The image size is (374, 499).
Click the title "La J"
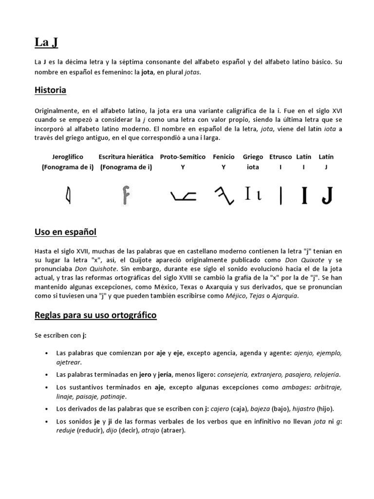(x=46, y=43)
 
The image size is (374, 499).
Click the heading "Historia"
(x=51, y=91)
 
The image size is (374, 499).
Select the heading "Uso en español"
(x=66, y=232)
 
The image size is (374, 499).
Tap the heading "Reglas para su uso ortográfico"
(x=95, y=315)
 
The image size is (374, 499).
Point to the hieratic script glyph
(x=126, y=195)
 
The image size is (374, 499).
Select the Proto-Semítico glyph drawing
(x=184, y=196)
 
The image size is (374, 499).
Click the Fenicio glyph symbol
(x=224, y=196)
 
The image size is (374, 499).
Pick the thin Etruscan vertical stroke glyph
(x=280, y=196)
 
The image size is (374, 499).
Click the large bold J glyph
(x=327, y=195)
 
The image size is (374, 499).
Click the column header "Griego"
(x=253, y=157)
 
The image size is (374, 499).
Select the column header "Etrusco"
(x=280, y=157)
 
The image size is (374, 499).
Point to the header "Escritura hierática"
(x=126, y=157)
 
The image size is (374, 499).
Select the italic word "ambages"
(x=296, y=387)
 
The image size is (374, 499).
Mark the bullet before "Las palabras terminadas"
(x=46, y=375)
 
